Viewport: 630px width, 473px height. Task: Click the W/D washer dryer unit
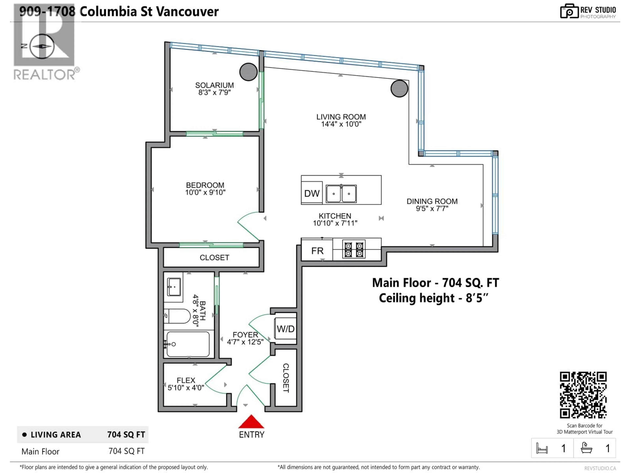[285, 329]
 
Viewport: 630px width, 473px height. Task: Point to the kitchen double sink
[341, 194]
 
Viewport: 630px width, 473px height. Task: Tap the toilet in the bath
[178, 316]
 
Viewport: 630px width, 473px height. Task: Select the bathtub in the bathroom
[188, 344]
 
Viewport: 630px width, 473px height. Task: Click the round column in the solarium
[248, 72]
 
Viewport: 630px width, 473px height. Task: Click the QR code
[583, 395]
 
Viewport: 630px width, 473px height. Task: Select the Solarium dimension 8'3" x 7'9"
[214, 92]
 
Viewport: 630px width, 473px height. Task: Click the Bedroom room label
[205, 185]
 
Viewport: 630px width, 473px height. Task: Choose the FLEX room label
[186, 380]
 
